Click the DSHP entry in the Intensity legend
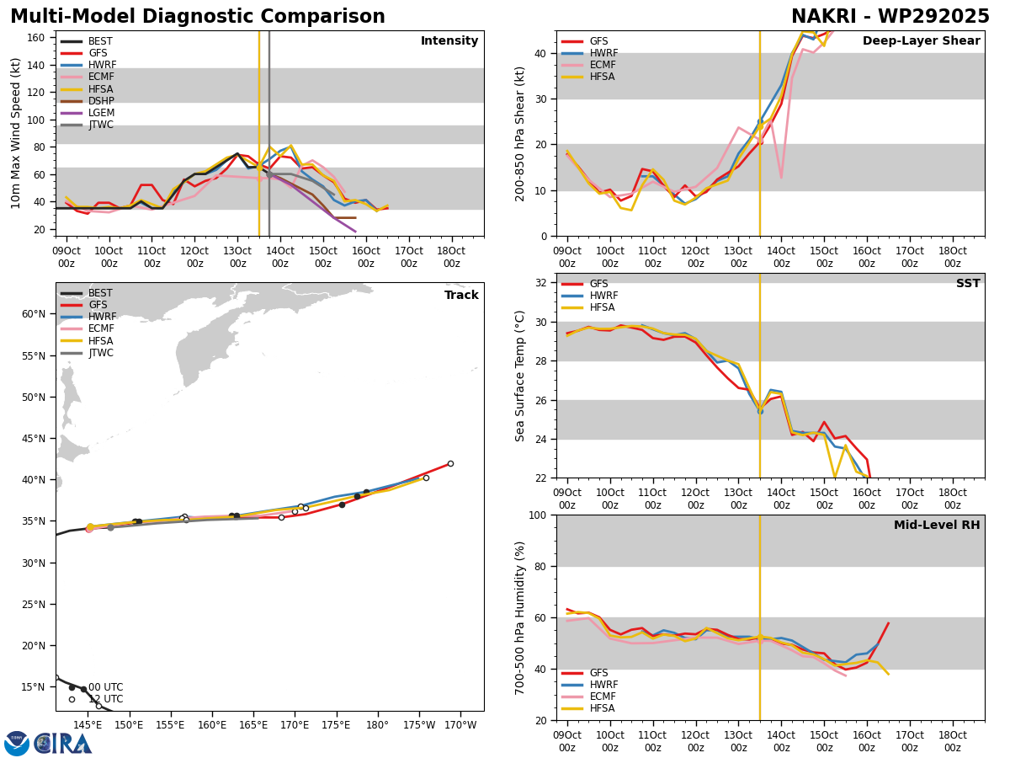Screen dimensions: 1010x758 click(x=101, y=101)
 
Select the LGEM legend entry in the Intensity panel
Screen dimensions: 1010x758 click(x=101, y=113)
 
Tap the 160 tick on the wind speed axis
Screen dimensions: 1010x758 click(x=35, y=38)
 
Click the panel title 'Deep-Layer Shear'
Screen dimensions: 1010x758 click(x=921, y=40)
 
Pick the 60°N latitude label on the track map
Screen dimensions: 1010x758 click(x=34, y=314)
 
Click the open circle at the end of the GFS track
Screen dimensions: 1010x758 click(x=450, y=463)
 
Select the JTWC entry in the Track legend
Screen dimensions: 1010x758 click(x=101, y=353)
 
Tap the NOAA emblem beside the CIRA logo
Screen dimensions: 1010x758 click(x=17, y=743)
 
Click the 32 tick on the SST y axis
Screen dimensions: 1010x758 click(x=541, y=283)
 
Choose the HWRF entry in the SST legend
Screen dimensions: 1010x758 click(x=603, y=296)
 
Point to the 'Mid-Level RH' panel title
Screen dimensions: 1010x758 click(x=937, y=525)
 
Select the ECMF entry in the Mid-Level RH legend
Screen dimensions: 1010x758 click(x=603, y=697)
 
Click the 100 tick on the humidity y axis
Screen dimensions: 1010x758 click(x=538, y=515)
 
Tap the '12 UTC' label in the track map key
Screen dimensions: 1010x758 click(x=106, y=699)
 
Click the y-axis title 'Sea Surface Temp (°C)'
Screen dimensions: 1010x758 click(x=519, y=376)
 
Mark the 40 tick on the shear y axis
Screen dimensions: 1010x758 click(x=541, y=53)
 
